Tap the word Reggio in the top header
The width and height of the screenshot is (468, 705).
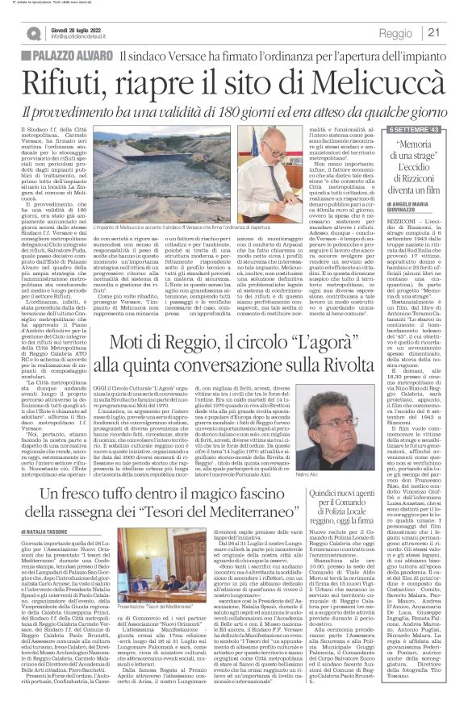pos(396,33)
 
